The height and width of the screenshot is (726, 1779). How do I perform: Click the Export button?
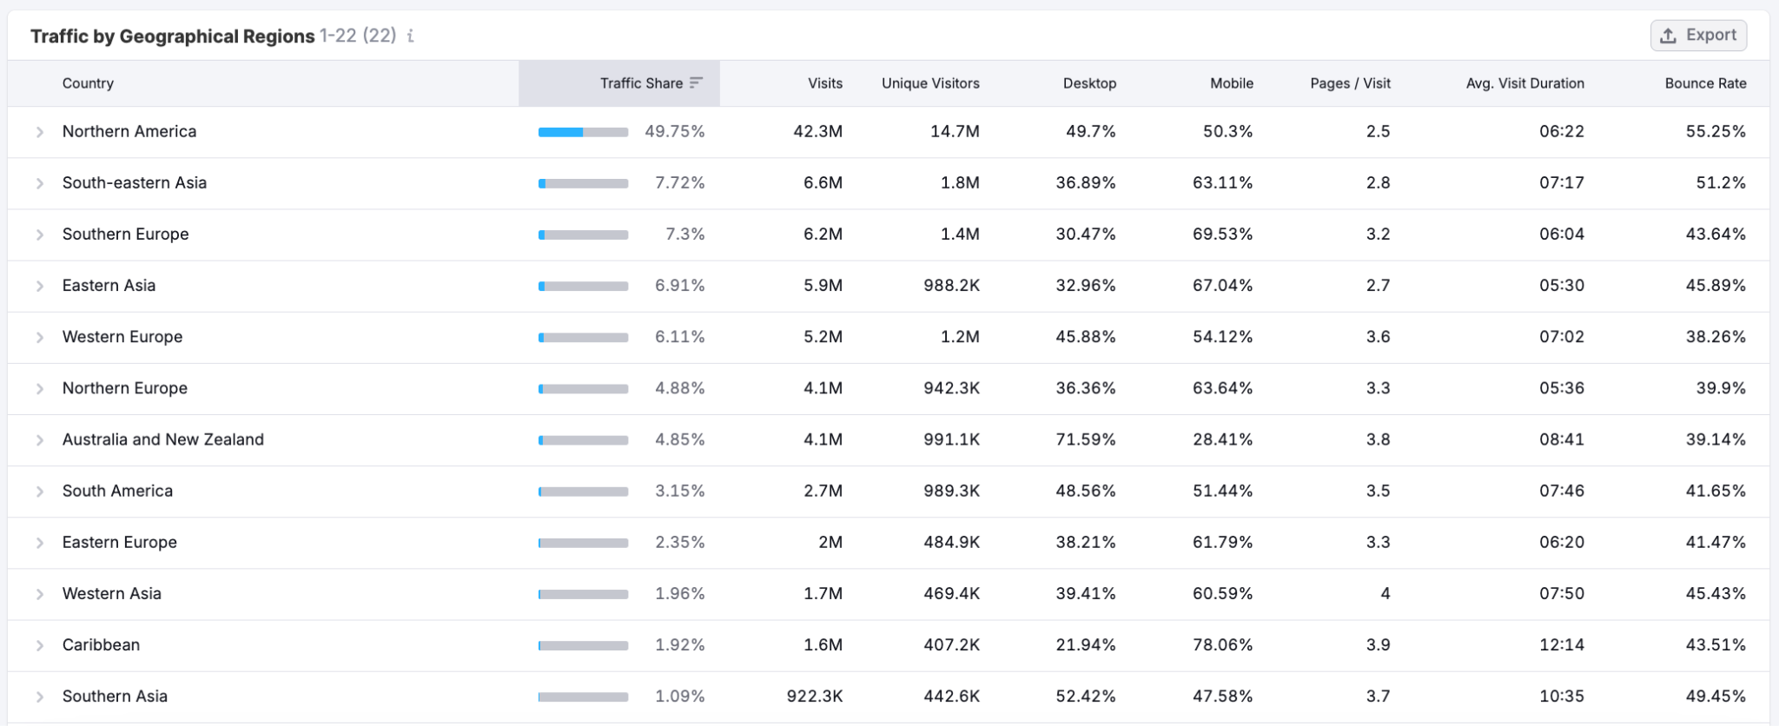pos(1698,36)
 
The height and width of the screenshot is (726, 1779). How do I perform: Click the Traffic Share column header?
pos(641,83)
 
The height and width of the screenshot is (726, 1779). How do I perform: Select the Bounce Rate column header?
pos(1704,83)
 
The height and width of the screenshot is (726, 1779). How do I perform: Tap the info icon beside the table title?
pos(411,36)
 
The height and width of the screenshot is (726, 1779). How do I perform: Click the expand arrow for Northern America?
pos(40,132)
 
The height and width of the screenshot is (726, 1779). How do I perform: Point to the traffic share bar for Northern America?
pos(583,132)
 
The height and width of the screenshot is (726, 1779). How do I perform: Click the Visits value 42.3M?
pos(817,131)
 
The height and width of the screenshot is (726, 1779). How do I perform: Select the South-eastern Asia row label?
pos(134,182)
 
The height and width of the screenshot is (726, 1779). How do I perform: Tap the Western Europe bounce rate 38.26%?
pos(1715,336)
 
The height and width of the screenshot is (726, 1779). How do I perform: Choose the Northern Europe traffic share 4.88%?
pos(679,388)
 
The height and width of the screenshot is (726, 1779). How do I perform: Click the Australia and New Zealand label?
pos(162,439)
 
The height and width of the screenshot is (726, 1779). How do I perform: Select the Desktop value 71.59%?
pos(1085,439)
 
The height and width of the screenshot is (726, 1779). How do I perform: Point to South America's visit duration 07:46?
pos(1561,491)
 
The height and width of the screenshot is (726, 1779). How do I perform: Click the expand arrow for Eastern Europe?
pos(40,543)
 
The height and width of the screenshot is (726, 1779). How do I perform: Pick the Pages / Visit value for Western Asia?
pos(1385,593)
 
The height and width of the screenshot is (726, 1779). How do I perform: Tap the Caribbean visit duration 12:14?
pos(1561,644)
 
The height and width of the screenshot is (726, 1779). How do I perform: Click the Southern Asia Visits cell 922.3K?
pos(814,696)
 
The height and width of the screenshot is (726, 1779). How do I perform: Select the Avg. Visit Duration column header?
pos(1524,83)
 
